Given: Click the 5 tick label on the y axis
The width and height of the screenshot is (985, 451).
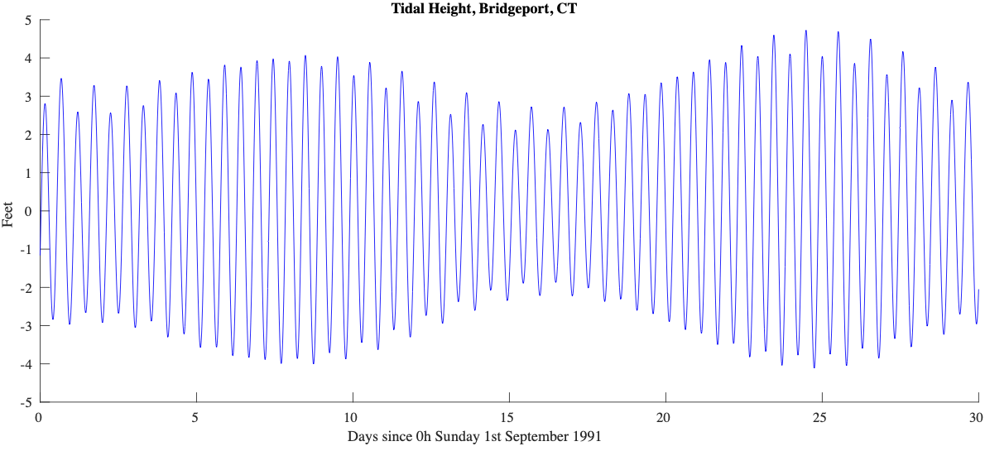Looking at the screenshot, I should coord(28,20).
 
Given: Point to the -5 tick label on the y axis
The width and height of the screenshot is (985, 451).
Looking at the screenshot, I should coord(26,402).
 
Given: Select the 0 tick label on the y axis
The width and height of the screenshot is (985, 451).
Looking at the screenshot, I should coord(28,211).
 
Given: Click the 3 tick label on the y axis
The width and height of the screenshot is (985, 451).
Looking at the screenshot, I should coord(28,97).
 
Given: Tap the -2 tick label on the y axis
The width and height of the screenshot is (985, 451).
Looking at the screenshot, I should coord(26,288).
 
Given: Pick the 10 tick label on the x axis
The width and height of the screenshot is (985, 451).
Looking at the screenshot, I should coord(352,417).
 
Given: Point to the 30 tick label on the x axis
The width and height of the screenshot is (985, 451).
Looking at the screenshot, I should coord(977,417).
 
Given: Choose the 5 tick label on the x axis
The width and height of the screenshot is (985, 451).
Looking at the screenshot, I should coord(196,417).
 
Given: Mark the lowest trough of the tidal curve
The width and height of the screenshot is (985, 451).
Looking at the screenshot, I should coord(814,367).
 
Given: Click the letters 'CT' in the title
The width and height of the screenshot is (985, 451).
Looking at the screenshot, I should coord(568,9).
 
